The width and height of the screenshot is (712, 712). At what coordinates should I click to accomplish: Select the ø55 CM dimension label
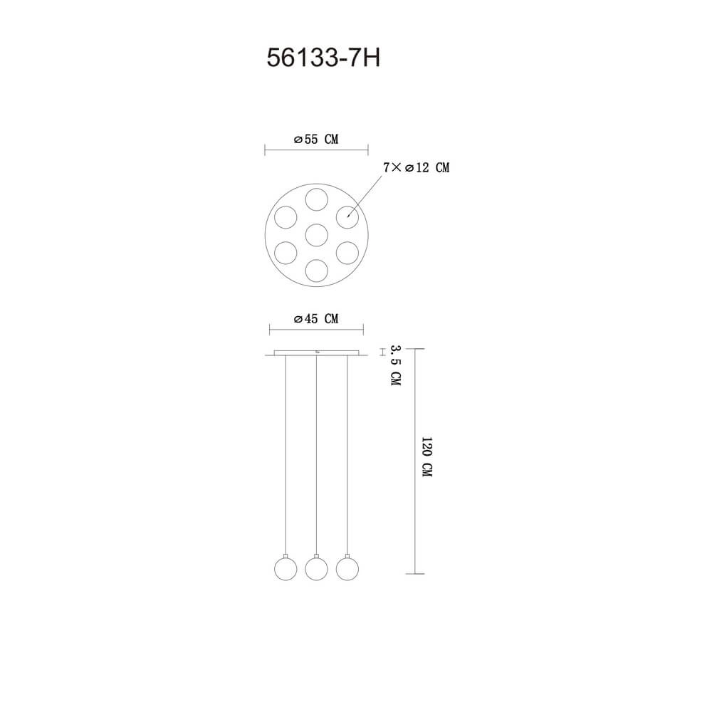(316, 140)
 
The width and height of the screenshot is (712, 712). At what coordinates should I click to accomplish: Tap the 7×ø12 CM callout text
(416, 168)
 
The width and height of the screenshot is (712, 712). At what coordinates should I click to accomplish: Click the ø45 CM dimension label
(316, 320)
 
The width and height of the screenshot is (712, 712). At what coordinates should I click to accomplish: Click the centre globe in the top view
(316, 234)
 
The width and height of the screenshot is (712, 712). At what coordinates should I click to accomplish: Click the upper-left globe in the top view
(286, 216)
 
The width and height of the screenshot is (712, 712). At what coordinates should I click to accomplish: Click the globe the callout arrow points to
(347, 216)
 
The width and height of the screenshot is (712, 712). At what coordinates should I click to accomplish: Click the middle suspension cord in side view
(316, 456)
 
